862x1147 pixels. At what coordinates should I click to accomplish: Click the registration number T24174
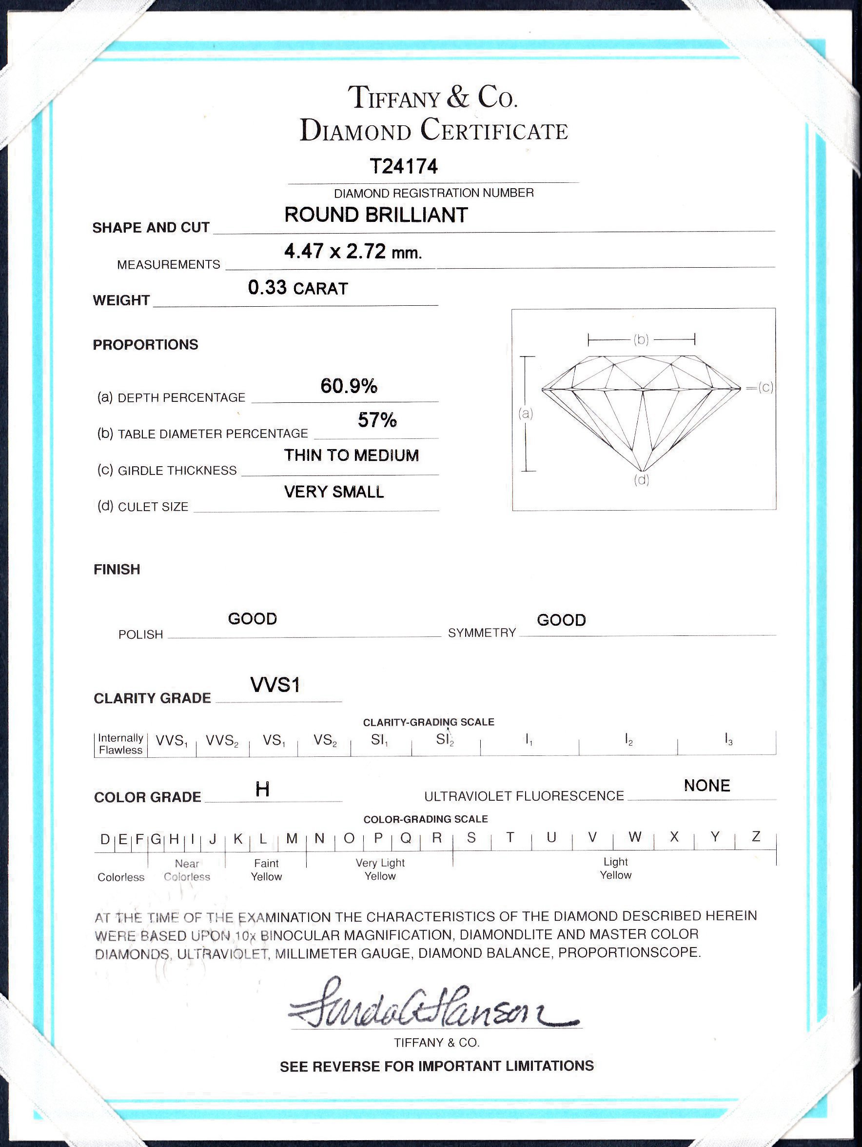[x=404, y=166]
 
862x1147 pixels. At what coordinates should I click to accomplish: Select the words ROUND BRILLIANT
[x=376, y=215]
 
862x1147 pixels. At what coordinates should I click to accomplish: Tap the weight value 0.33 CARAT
[x=297, y=288]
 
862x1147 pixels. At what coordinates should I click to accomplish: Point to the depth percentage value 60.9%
[x=349, y=386]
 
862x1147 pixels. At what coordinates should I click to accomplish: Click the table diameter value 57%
[x=377, y=420]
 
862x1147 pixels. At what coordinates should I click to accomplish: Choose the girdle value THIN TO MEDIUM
[x=351, y=455]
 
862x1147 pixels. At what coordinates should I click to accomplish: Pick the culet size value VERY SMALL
[x=334, y=492]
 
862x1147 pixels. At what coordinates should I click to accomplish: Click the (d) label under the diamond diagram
[x=641, y=480]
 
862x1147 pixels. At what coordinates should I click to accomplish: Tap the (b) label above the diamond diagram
[x=641, y=339]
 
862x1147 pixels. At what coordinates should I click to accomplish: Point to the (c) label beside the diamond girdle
[x=765, y=387]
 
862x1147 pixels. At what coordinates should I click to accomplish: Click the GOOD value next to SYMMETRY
[x=561, y=620]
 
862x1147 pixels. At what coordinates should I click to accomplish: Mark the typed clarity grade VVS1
[x=275, y=685]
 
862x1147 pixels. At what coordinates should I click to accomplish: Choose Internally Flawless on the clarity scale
[x=121, y=744]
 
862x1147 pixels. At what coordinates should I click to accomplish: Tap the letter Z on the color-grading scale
[x=756, y=836]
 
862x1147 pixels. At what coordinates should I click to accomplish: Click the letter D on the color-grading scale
[x=105, y=839]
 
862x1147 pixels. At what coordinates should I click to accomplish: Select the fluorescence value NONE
[x=706, y=786]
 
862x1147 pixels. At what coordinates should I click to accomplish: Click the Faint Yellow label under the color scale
[x=266, y=870]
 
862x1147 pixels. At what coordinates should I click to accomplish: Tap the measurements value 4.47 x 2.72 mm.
[x=353, y=252]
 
